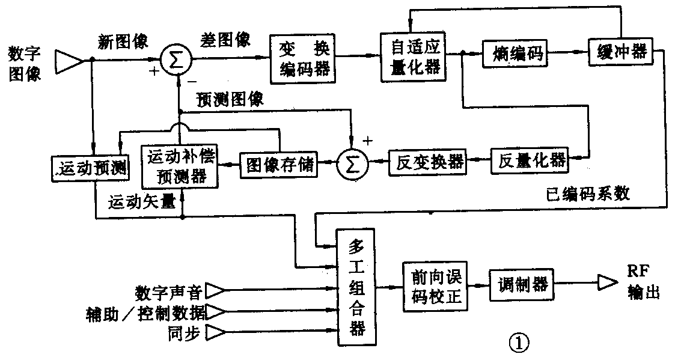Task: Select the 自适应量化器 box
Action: [411, 54]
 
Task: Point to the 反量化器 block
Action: [528, 160]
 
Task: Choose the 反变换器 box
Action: [427, 161]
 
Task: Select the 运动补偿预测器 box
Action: [179, 164]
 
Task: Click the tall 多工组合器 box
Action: [356, 287]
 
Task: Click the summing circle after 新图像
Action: [176, 60]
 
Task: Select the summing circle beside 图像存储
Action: [352, 163]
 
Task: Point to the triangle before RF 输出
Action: [606, 282]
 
